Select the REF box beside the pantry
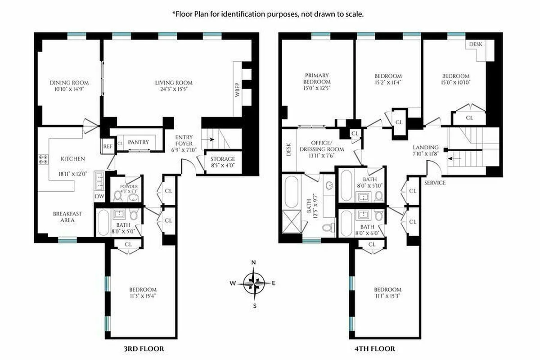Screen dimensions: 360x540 click(107, 146)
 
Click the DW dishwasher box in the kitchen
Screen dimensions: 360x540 click(99, 196)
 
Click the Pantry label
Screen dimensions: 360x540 click(138, 142)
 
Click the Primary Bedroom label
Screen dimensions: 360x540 click(317, 79)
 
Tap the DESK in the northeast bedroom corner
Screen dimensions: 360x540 click(476, 45)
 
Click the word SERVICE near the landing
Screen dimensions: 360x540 click(435, 183)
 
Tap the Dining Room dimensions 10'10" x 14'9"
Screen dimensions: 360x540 click(69, 89)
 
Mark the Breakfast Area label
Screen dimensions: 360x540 click(67, 217)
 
